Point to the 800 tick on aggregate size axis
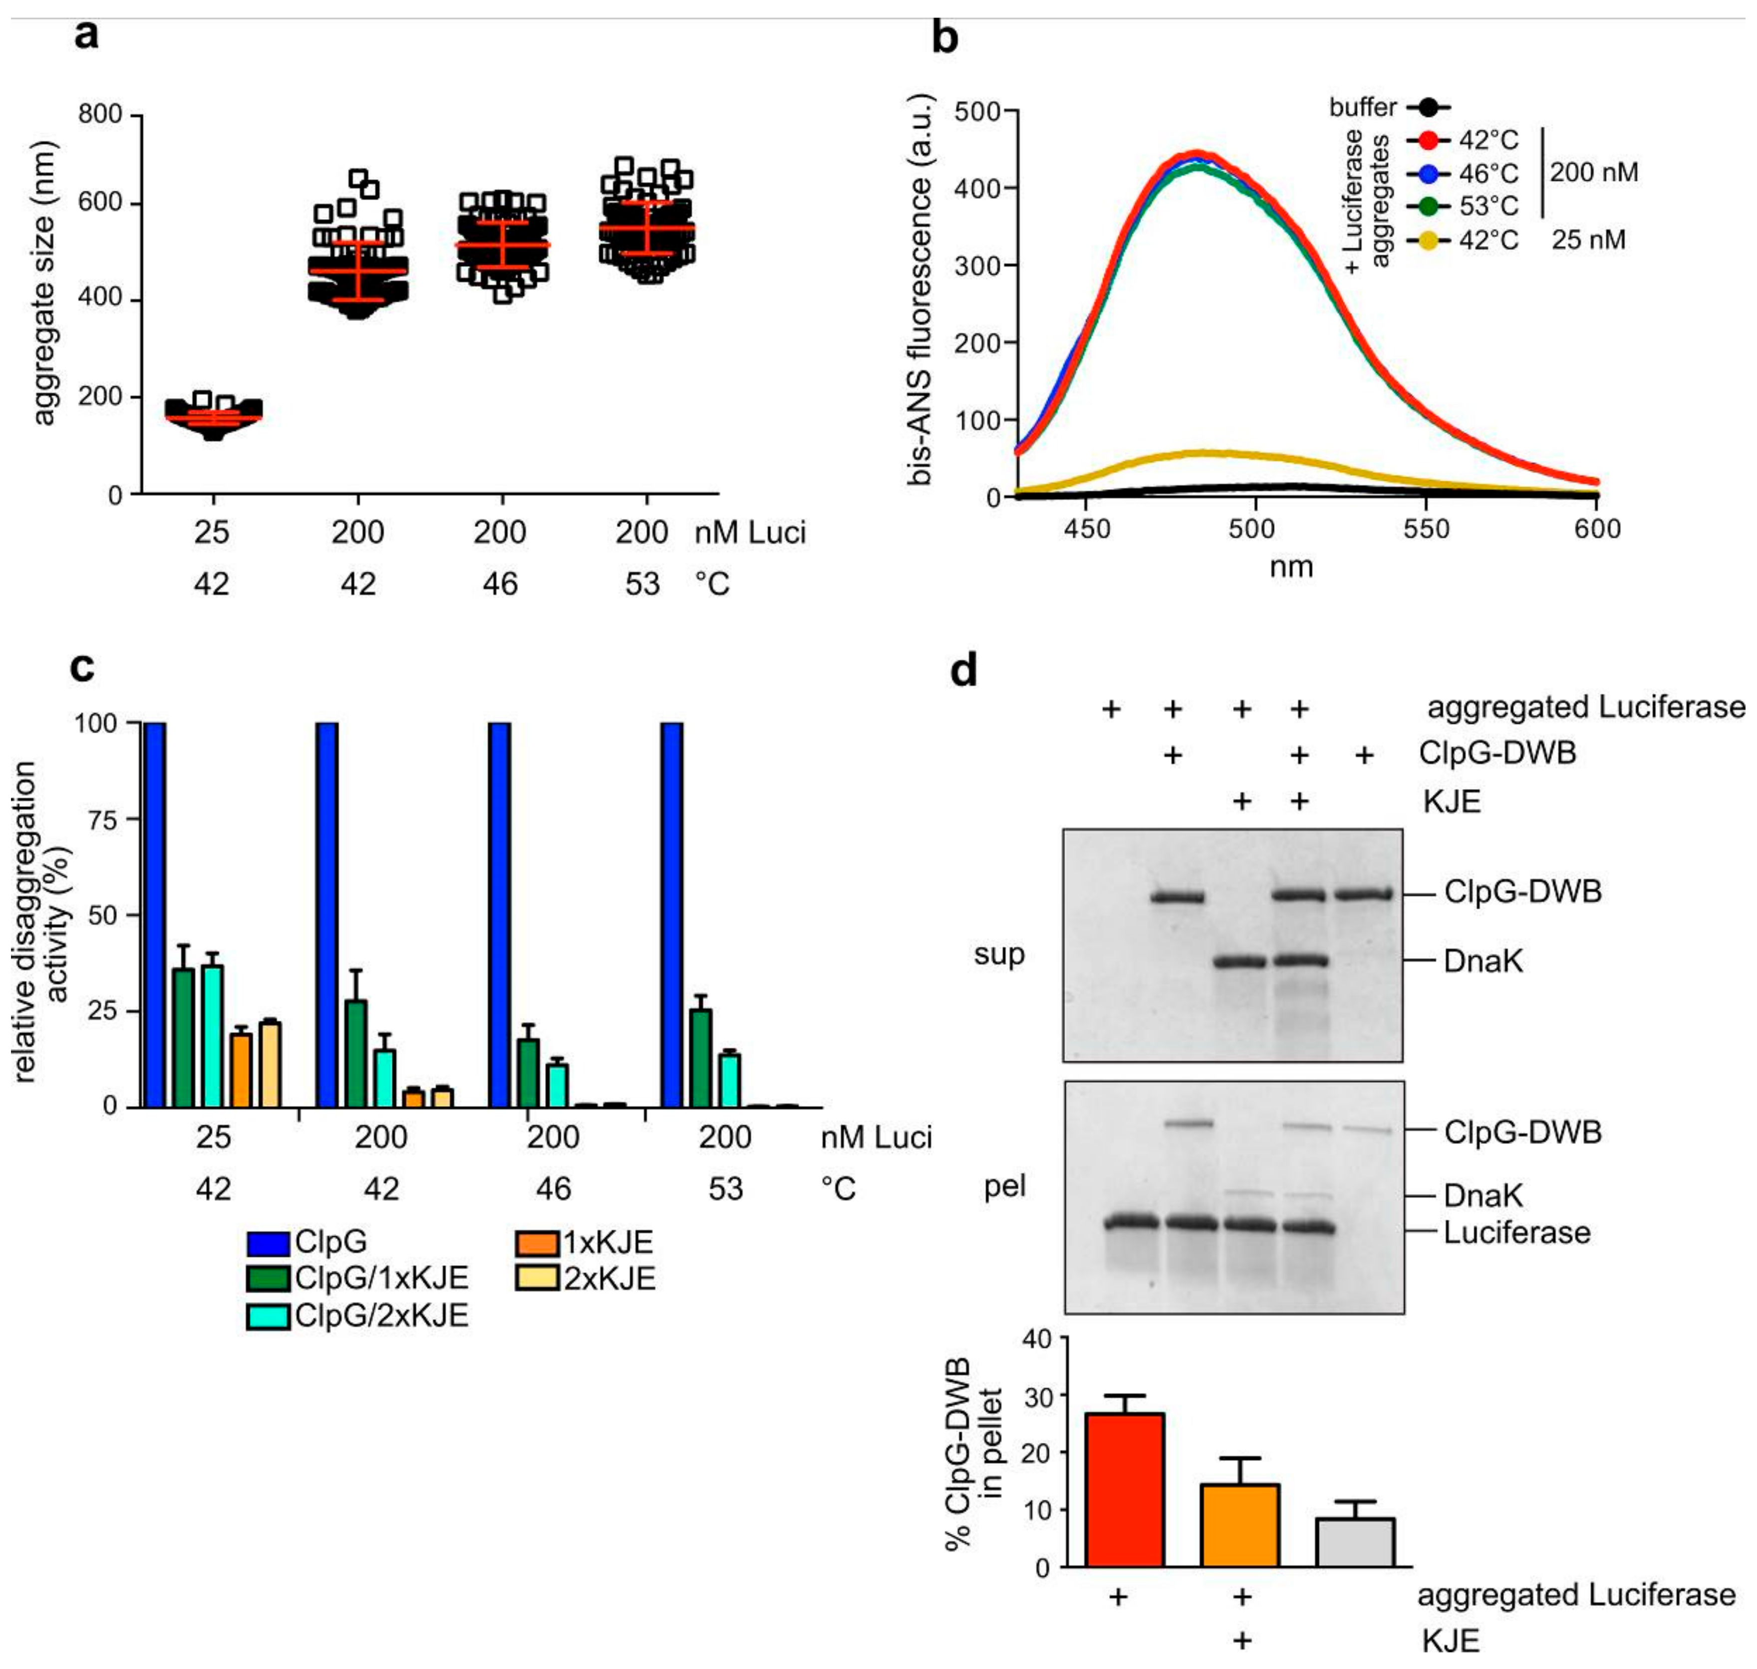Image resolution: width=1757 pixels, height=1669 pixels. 100,115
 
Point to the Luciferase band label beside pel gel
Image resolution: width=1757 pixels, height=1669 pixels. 1516,1233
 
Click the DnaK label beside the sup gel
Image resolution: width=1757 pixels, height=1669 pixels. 1482,961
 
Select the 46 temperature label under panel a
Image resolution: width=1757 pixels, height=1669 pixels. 500,584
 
